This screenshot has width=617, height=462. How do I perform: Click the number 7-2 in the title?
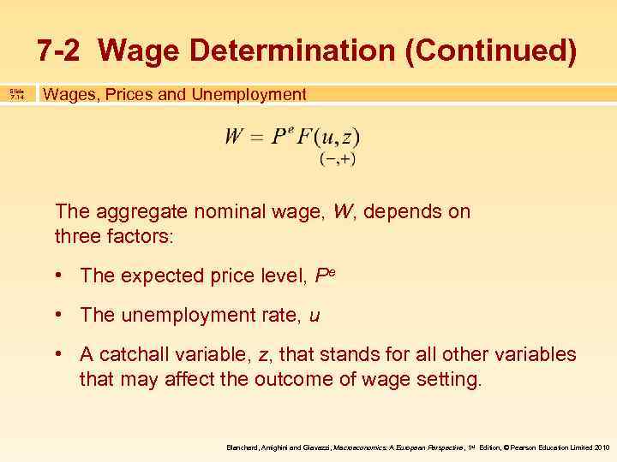(60, 50)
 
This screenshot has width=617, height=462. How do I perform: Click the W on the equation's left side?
(233, 137)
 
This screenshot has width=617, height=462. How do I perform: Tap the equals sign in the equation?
(255, 138)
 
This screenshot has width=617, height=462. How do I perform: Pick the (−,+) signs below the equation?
(337, 159)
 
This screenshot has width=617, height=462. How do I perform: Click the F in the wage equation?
(304, 137)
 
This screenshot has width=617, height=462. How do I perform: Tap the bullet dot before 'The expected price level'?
(63, 275)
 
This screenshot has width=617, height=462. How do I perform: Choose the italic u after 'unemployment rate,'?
(314, 316)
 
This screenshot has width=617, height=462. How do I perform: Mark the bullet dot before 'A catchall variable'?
(63, 355)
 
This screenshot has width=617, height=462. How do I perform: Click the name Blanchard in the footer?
(244, 447)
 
